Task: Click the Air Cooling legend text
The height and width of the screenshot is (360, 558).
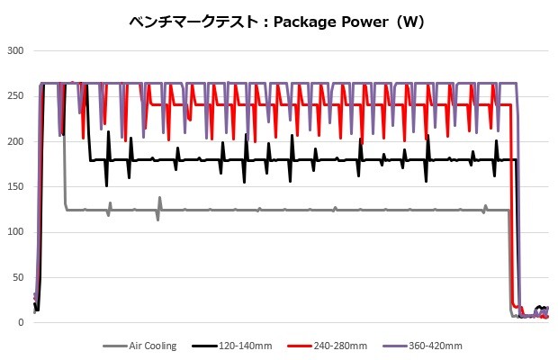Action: pos(153,345)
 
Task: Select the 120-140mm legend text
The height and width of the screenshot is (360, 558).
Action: pos(247,345)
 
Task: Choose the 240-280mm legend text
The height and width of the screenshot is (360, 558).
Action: pos(342,345)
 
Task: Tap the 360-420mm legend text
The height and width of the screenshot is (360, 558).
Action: pos(436,345)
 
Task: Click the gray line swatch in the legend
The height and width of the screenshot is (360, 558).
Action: pos(115,345)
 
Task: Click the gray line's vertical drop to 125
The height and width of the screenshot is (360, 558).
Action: pos(65,162)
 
